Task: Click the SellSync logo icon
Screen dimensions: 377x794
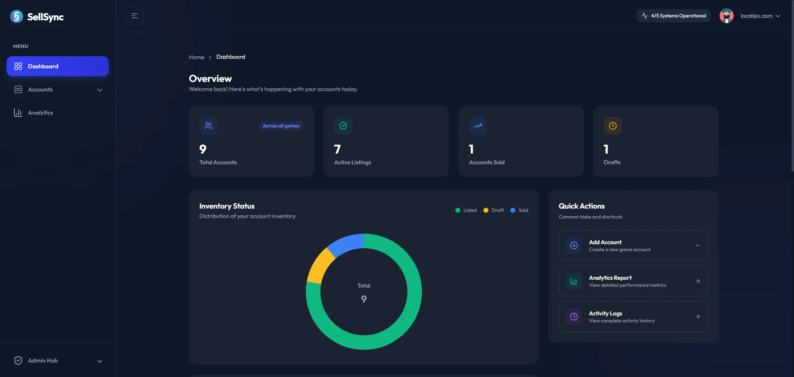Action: point(17,17)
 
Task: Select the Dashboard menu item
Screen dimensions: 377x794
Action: point(57,66)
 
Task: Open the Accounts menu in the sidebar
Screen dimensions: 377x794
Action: point(57,90)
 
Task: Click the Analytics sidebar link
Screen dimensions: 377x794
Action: point(40,113)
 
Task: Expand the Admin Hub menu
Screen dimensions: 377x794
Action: point(57,360)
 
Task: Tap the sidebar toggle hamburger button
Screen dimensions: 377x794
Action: point(135,16)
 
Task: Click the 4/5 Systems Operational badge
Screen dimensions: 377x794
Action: point(674,16)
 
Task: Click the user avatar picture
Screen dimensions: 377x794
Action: point(726,16)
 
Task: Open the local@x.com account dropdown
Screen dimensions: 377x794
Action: point(760,16)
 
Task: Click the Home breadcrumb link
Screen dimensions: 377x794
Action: point(196,57)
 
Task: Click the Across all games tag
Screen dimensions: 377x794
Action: point(281,126)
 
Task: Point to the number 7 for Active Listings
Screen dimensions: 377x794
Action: point(337,149)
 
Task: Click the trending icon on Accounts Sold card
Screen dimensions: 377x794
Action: point(478,126)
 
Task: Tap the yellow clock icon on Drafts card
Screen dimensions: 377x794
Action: point(612,126)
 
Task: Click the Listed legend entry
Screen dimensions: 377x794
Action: point(466,210)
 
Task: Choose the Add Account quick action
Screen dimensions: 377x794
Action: point(633,245)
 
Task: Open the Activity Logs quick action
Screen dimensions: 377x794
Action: point(633,317)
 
